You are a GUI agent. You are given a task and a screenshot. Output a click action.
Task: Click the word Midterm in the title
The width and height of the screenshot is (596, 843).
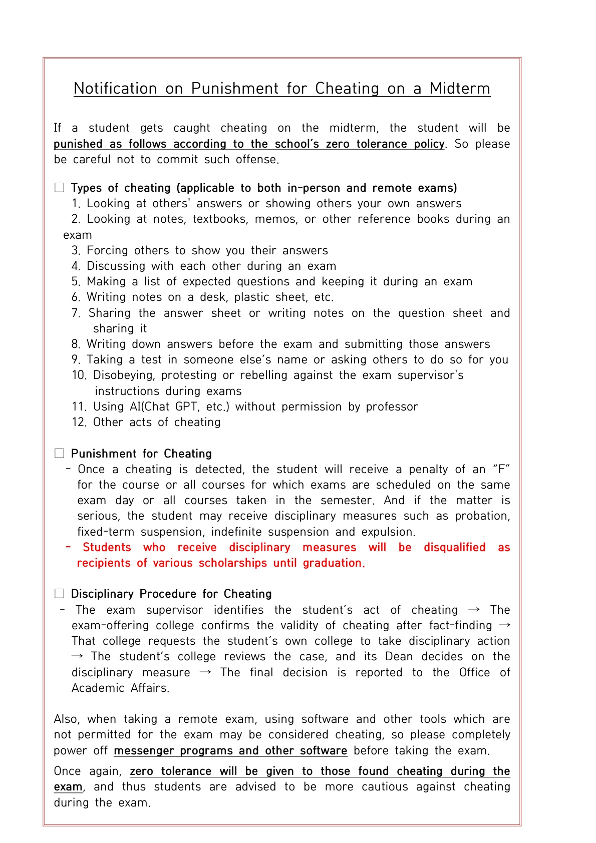pos(460,89)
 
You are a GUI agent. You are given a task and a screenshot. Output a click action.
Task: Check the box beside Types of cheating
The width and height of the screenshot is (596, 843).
pos(60,188)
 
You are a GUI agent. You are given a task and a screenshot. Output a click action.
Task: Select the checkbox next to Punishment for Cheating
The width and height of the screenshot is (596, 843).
pos(60,454)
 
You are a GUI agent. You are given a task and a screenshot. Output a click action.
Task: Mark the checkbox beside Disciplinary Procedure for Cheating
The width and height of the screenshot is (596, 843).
pos(60,594)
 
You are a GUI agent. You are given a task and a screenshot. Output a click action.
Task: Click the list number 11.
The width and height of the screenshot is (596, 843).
pos(79,407)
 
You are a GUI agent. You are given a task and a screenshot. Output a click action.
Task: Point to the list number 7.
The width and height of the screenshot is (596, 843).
pos(76,313)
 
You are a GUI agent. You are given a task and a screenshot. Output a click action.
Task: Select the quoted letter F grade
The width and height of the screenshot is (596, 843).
pos(501,470)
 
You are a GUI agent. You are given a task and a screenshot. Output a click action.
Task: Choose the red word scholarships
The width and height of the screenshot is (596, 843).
pos(232,563)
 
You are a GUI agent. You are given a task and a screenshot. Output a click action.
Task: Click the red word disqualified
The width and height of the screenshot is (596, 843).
pos(454,548)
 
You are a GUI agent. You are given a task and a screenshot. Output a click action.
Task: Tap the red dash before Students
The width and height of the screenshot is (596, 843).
pos(68,547)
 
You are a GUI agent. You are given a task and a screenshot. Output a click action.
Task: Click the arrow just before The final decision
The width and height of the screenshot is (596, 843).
pos(205,672)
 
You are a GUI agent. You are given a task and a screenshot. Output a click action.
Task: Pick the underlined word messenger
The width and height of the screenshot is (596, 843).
pos(144,751)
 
